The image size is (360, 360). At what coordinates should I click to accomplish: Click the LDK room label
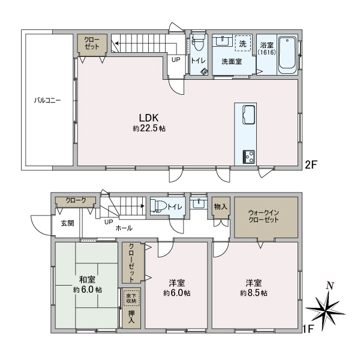point(149,118)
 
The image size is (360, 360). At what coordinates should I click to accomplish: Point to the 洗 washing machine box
point(242,43)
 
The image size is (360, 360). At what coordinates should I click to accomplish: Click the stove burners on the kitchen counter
point(248,155)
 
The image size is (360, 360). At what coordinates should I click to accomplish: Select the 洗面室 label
point(231,61)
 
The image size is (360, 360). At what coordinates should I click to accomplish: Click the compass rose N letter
point(328,286)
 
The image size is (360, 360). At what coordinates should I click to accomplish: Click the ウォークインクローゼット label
point(264,216)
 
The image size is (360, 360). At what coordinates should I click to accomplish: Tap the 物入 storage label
point(220,207)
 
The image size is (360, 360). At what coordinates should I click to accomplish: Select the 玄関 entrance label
point(67,223)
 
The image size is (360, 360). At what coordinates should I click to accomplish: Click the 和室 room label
point(88,279)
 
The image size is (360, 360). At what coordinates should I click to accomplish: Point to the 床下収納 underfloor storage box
point(131,296)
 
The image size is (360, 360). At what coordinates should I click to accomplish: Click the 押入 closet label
point(131,317)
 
